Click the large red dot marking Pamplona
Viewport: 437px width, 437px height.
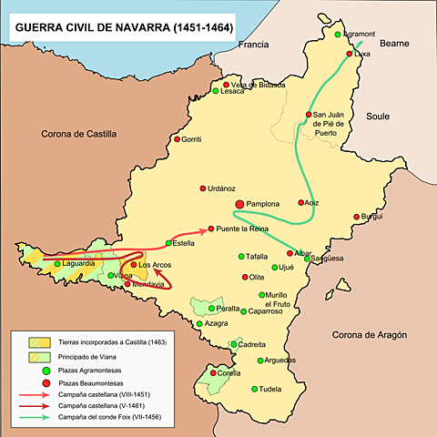click(x=239, y=205)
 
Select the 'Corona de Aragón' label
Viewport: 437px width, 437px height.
click(x=373, y=336)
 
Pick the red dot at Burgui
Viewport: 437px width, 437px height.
click(x=355, y=217)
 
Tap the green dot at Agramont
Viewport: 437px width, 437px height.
click(x=337, y=35)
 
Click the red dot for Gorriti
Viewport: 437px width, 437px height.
click(x=175, y=139)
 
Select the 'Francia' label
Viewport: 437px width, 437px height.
click(x=256, y=45)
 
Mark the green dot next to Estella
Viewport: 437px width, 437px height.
click(x=168, y=243)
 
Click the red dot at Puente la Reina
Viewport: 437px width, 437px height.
click(x=211, y=229)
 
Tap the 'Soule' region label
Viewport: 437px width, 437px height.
click(x=378, y=117)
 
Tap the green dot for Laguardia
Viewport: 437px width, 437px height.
click(x=57, y=264)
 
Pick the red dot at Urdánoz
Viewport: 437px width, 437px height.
click(x=202, y=188)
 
